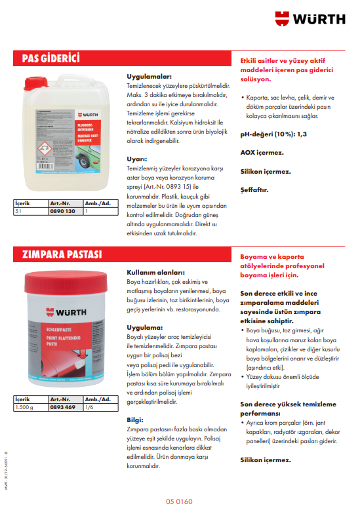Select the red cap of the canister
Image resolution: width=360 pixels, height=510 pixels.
pos(32,83)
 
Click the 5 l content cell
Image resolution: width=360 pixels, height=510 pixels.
pos(19,212)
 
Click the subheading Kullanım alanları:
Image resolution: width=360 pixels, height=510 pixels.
pos(155,272)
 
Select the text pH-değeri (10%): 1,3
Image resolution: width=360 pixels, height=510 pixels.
pos(273,134)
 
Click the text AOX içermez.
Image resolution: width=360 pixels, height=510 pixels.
pos(262,153)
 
